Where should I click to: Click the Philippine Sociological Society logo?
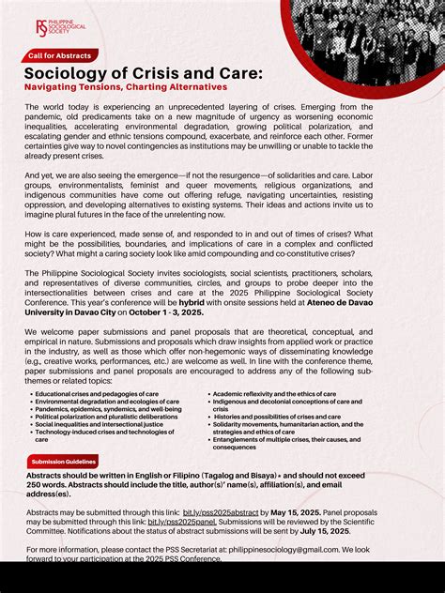[x=57, y=30]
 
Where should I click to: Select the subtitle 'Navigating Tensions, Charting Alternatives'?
[x=126, y=87]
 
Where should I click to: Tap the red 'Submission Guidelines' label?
[x=63, y=463]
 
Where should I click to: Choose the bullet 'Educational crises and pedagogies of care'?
[x=97, y=394]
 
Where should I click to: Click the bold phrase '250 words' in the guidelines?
[x=49, y=484]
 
